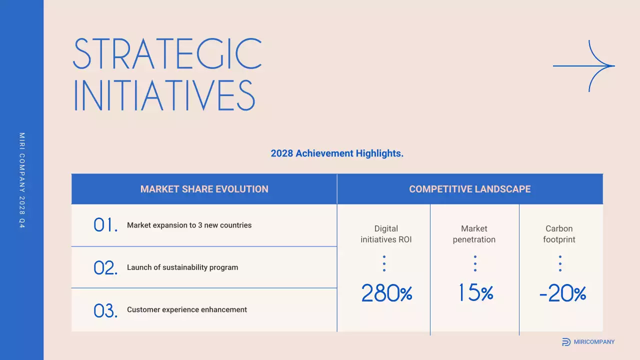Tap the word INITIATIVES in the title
pos(164,95)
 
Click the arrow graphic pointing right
pos(584,66)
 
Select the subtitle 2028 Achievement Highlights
pos(337,153)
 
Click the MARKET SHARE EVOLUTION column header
pos(204,189)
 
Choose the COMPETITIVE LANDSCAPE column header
pos(470,189)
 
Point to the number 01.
pos(105,225)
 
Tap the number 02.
pos(105,267)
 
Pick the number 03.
pos(105,310)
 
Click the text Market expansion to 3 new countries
pos(189,225)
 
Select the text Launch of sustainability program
pos(182,267)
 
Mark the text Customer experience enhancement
pos(187,310)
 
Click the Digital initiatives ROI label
pos(386,234)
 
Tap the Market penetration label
pos(474,234)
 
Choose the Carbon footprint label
pos(559,234)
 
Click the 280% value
pos(386,293)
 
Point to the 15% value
pos(475,293)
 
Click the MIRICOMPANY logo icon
pos(566,342)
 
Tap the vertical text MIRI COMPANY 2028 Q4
pos(22,180)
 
